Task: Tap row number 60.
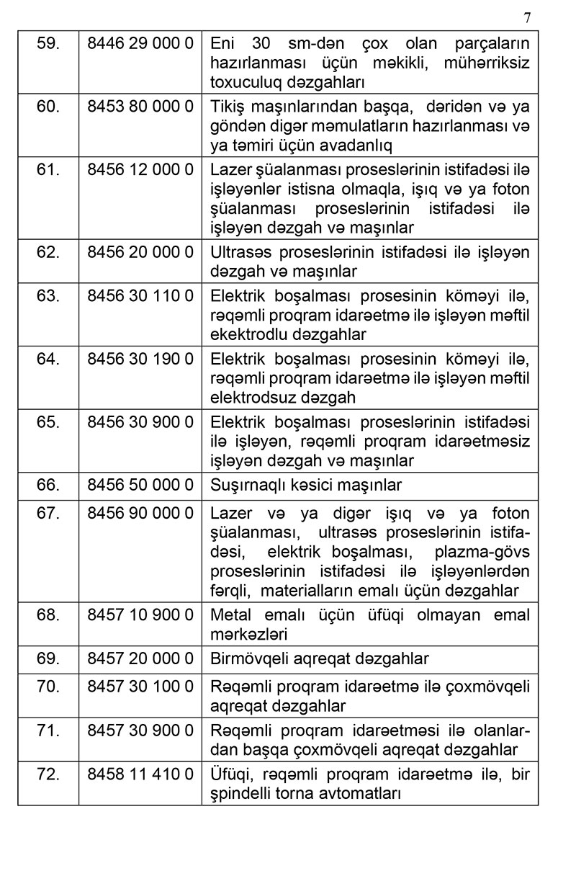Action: [48, 107]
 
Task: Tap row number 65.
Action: [48, 422]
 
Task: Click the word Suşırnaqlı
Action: [244, 485]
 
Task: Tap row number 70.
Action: [48, 687]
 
